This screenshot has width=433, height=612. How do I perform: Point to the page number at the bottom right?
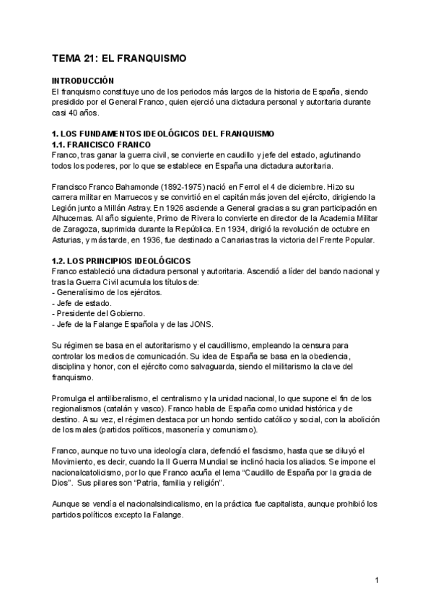377,580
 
